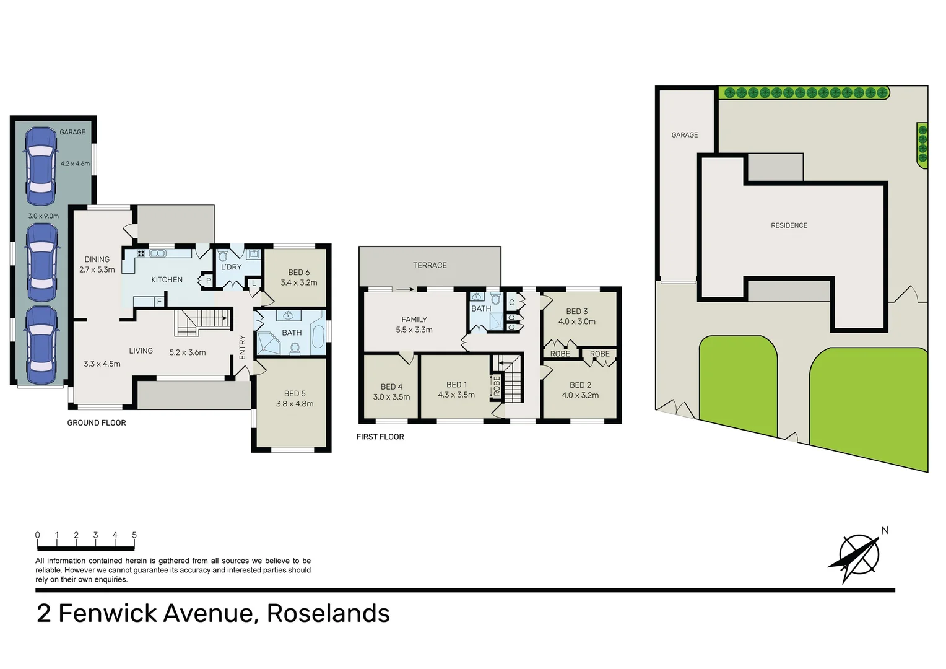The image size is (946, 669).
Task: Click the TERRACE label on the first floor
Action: tap(430, 265)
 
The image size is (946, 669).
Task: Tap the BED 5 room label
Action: tap(295, 393)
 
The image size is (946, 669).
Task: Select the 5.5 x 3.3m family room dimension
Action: tap(414, 330)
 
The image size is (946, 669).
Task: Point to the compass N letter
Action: tap(885, 530)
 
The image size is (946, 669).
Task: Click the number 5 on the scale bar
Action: tap(134, 535)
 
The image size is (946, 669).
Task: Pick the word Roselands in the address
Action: tap(328, 613)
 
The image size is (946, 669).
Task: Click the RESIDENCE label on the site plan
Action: tap(789, 225)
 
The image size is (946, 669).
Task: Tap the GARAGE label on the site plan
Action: tap(684, 135)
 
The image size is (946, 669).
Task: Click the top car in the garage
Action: tap(41, 166)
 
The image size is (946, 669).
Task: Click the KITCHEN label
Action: tap(167, 280)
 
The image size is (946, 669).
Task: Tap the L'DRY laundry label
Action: tap(232, 267)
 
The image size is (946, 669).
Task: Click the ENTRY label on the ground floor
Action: tap(243, 347)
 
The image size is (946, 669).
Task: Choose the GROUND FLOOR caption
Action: tap(97, 423)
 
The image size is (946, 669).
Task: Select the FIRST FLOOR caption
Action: tap(380, 437)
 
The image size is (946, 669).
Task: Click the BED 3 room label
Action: tap(577, 312)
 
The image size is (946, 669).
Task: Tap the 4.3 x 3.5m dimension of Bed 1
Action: tap(456, 395)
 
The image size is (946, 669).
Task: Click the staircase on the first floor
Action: tap(512, 379)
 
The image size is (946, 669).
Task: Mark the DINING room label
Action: tap(97, 260)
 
